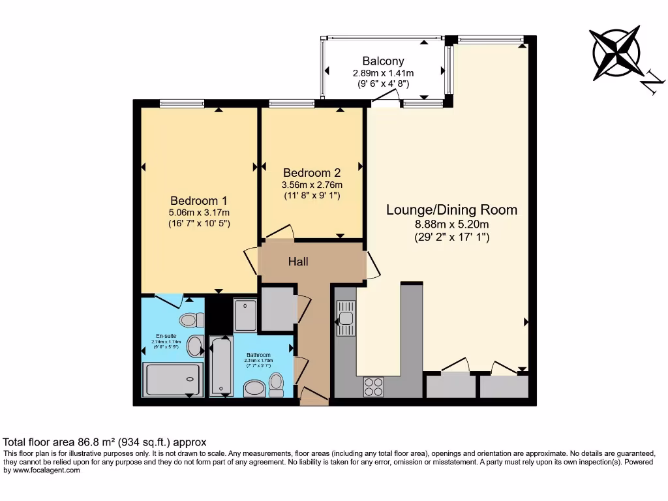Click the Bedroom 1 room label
(200, 200)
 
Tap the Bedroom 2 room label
(312, 173)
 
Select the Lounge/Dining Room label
(451, 209)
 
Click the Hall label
(298, 262)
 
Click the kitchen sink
(345, 318)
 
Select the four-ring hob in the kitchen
(373, 387)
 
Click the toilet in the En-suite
(189, 320)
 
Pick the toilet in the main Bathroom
(276, 384)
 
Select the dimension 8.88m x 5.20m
(451, 225)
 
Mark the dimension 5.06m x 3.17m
(200, 213)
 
